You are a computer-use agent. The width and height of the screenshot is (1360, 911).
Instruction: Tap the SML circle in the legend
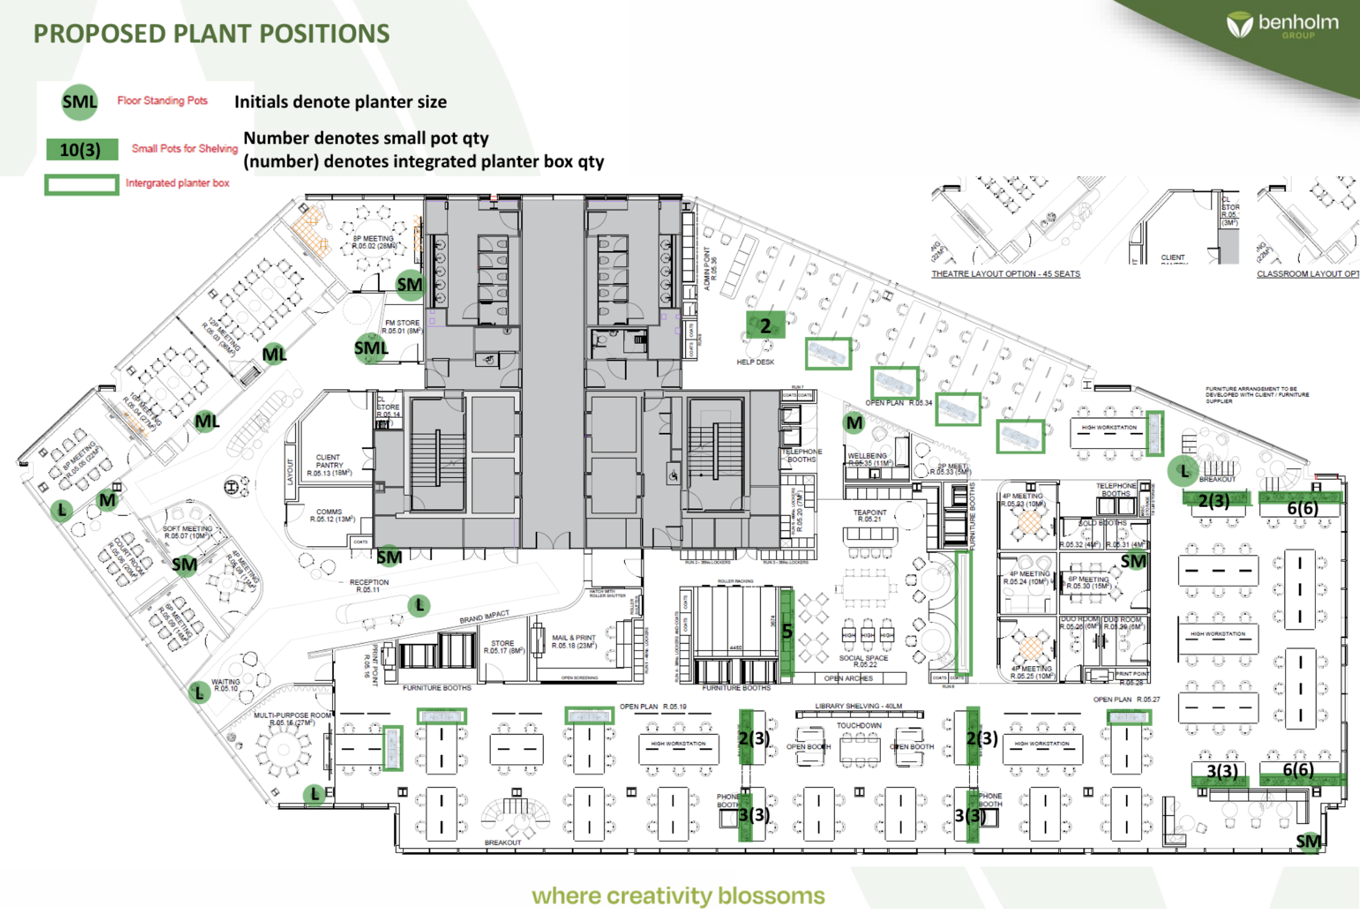coord(80,102)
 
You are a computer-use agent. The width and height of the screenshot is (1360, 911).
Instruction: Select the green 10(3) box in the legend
coord(82,150)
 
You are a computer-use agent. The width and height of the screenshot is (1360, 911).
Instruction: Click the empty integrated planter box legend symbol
coord(82,185)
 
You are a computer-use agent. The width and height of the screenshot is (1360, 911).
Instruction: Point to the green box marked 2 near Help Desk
coord(766,325)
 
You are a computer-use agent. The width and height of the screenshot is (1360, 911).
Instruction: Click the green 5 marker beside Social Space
coord(787,631)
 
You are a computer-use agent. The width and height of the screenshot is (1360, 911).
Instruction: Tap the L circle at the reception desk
coord(419,606)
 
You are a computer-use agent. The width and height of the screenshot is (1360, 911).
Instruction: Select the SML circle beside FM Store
coord(370,349)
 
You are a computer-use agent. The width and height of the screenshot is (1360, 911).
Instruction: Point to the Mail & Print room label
coord(574,642)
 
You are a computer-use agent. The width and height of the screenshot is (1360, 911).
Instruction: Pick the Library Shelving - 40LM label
coord(858,706)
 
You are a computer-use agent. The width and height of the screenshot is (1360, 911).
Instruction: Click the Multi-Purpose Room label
coord(292,719)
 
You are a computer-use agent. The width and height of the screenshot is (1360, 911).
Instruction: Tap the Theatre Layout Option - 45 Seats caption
coord(1006,274)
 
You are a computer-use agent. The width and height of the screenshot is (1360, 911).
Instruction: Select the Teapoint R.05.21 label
coord(869,516)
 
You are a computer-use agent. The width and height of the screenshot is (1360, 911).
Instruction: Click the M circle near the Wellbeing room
coord(854,423)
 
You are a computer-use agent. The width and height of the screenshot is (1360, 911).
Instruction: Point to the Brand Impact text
coord(484,617)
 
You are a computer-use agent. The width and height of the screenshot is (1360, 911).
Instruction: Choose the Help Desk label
coord(755,362)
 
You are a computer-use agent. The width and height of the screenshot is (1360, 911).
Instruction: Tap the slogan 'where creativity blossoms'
coord(678,895)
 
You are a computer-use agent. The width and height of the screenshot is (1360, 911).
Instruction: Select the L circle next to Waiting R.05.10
coord(199,693)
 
